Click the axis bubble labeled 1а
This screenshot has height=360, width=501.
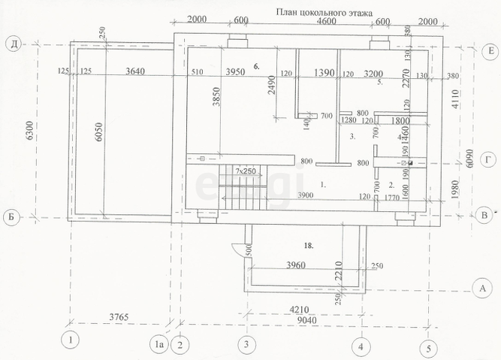[x=158, y=345]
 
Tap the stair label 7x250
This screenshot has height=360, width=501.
[x=243, y=171]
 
